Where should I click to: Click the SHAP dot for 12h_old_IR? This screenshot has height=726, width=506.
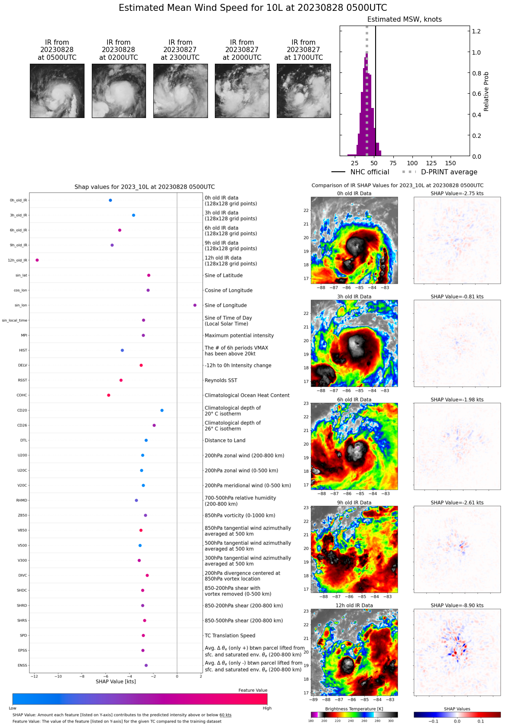(37, 260)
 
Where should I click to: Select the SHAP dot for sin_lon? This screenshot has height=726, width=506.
(195, 305)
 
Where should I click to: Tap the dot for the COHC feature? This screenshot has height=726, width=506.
(109, 395)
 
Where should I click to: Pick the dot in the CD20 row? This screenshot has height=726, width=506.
(162, 410)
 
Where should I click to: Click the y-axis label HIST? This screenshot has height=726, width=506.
(23, 350)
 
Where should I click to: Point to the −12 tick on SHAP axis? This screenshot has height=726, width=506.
(34, 676)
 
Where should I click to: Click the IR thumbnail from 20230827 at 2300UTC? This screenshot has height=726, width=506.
(180, 91)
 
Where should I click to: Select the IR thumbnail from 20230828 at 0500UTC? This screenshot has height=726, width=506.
(57, 91)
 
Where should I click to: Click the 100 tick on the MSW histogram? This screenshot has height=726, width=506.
(412, 163)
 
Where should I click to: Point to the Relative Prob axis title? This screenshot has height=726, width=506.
(486, 92)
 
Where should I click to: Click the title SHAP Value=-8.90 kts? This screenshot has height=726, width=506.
(457, 605)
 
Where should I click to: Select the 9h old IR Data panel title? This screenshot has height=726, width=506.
(354, 503)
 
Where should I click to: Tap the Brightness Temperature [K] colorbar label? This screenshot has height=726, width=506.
(354, 709)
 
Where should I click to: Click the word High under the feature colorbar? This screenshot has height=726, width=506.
(267, 708)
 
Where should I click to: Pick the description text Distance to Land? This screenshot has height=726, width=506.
(225, 440)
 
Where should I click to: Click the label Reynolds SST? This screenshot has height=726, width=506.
(221, 380)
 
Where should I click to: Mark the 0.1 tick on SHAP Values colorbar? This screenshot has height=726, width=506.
(480, 721)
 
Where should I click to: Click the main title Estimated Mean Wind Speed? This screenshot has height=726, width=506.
(253, 8)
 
